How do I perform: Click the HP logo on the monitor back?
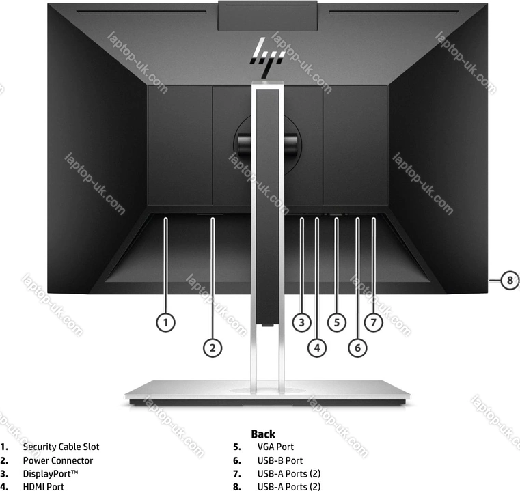click(267, 55)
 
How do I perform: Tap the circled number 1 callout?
click(166, 322)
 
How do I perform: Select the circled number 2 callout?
click(213, 348)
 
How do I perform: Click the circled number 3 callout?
click(301, 322)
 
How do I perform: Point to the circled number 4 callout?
click(317, 348)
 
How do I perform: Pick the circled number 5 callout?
click(337, 322)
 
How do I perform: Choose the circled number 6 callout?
click(357, 348)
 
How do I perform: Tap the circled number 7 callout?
click(373, 322)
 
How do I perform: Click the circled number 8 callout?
click(510, 281)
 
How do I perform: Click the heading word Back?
click(263, 434)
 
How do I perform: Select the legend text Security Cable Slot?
click(61, 447)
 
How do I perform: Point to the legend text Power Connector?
click(57, 460)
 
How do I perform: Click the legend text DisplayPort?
click(51, 474)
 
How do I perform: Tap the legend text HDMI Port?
click(44, 487)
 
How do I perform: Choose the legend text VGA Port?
click(275, 447)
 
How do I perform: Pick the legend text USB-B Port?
click(280, 460)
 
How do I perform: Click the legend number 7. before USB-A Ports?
click(237, 474)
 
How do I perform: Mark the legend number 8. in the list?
click(237, 487)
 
